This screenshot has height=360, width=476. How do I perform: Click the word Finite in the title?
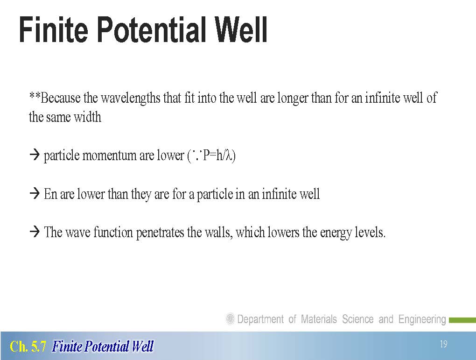pos(53,30)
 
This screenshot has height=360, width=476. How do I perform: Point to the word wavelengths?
pos(130,98)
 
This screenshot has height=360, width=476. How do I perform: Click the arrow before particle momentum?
pos(35,155)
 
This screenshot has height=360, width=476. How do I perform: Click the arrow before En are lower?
pos(35,193)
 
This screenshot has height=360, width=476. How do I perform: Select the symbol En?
pos(51,194)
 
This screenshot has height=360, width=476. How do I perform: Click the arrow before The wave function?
pos(35,232)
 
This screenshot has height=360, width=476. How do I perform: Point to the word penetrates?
pos(160,233)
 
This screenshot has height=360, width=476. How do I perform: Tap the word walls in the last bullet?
pos(218,233)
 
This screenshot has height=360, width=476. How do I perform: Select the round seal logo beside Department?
pos(230,319)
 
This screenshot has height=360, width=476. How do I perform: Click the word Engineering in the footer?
pos(422,319)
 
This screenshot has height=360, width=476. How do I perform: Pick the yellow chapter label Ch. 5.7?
pos(28,346)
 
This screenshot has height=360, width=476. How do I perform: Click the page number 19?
pos(443,344)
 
